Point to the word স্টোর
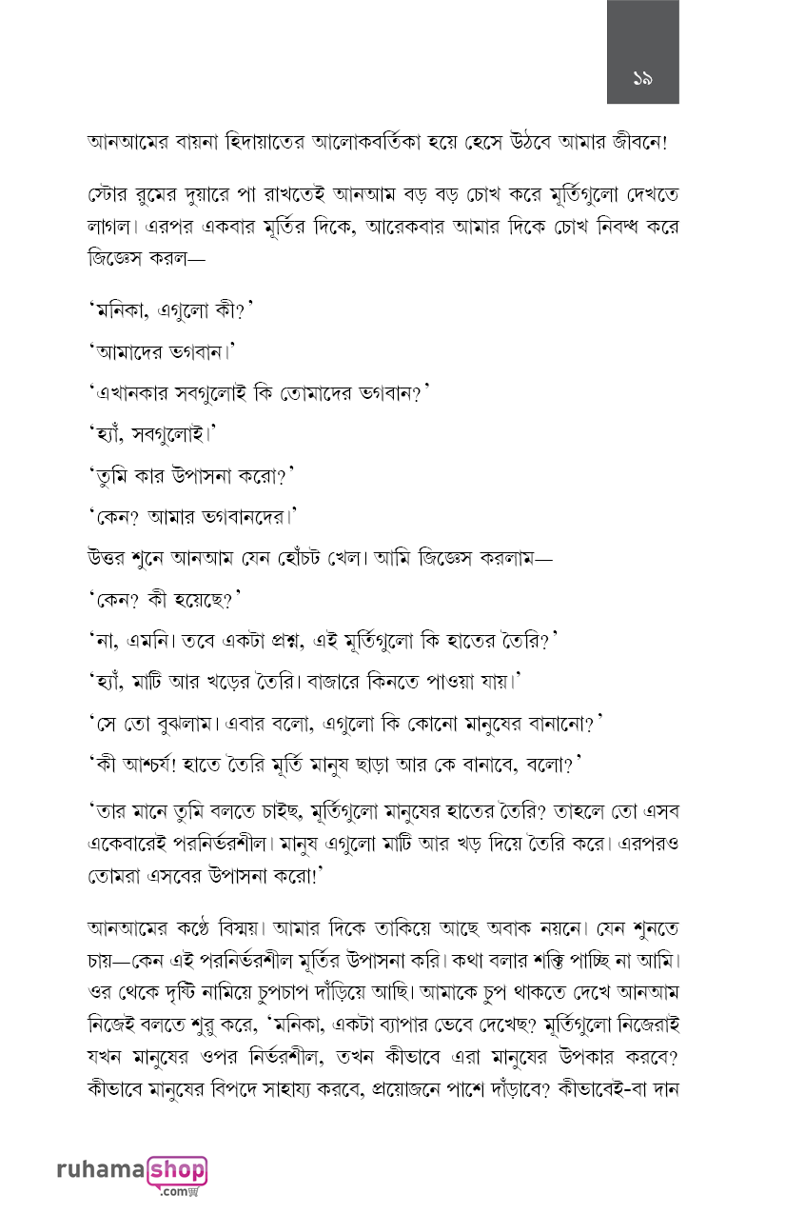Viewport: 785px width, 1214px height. click(x=108, y=198)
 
